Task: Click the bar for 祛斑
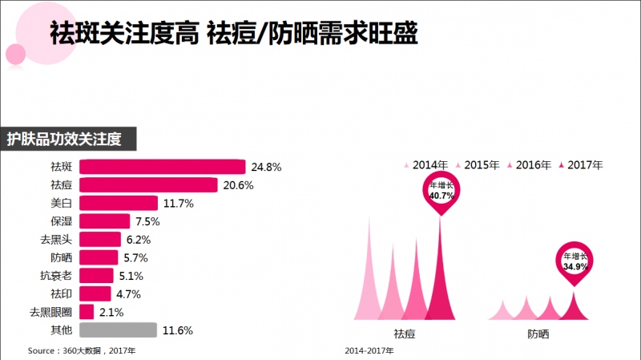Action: pyautogui.click(x=163, y=167)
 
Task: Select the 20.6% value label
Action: pyautogui.click(x=238, y=185)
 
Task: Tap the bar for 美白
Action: pyautogui.click(x=119, y=204)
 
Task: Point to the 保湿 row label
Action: pyautogui.click(x=62, y=221)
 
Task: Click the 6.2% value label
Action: pyautogui.click(x=139, y=240)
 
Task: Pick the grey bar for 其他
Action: pyautogui.click(x=118, y=330)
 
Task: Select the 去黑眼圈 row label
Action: pyautogui.click(x=50, y=312)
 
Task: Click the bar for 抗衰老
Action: pyautogui.click(x=96, y=276)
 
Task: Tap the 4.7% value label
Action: pyautogui.click(x=128, y=294)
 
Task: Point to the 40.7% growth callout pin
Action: pyautogui.click(x=441, y=193)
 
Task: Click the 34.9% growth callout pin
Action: pyautogui.click(x=574, y=264)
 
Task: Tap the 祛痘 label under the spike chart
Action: pyautogui.click(x=405, y=334)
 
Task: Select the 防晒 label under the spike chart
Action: pyautogui.click(x=538, y=334)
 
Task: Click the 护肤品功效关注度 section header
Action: pyautogui.click(x=68, y=139)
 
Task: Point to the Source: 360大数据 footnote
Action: pyautogui.click(x=82, y=350)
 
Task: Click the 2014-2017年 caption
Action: pyautogui.click(x=369, y=350)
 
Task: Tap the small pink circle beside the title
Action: pyautogui.click(x=15, y=54)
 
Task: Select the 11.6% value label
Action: pyautogui.click(x=178, y=330)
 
